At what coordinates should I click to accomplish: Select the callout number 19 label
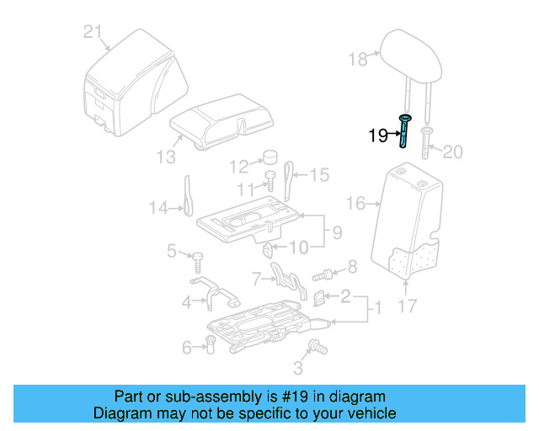click(x=378, y=136)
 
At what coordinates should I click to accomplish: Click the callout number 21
click(x=93, y=33)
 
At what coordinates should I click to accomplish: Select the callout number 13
click(x=166, y=157)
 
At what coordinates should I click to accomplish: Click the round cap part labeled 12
click(x=271, y=157)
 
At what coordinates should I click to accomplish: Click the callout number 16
click(x=356, y=203)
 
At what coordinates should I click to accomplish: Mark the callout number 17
click(x=407, y=306)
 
